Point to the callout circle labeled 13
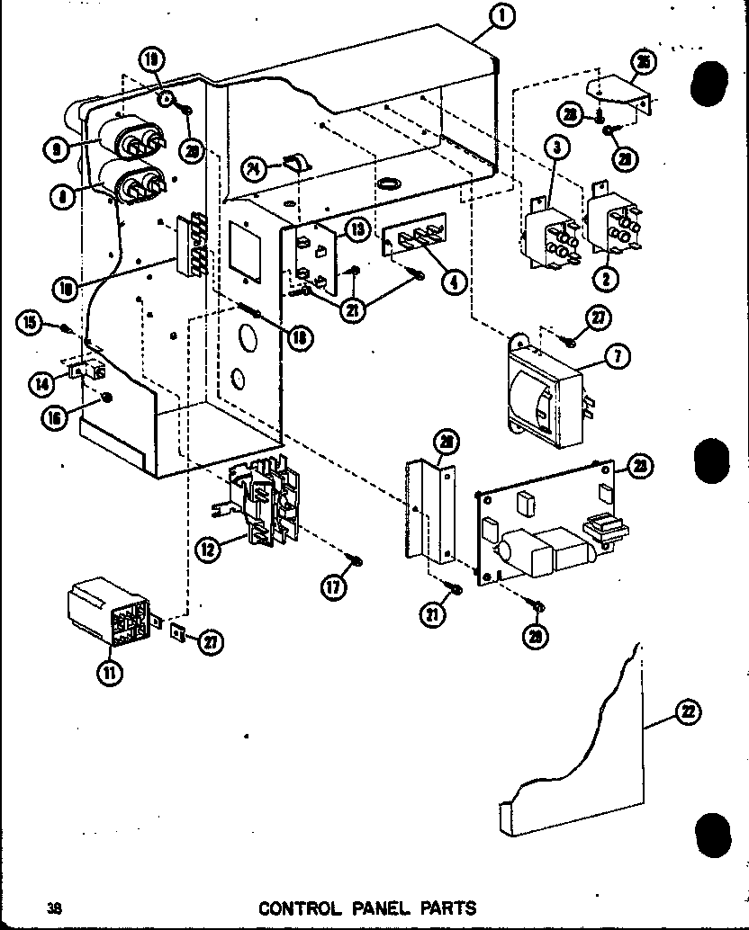[357, 230]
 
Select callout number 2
[607, 279]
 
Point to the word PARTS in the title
[442, 908]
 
